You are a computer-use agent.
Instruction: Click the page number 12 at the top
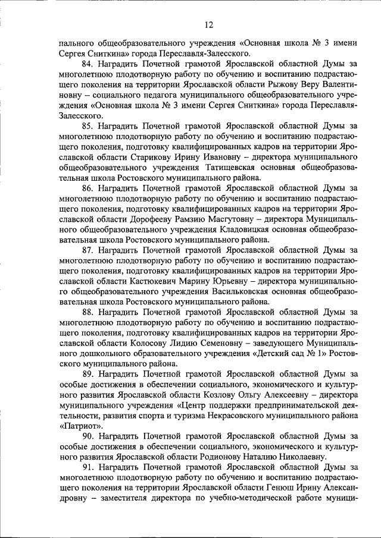pos(208,24)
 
